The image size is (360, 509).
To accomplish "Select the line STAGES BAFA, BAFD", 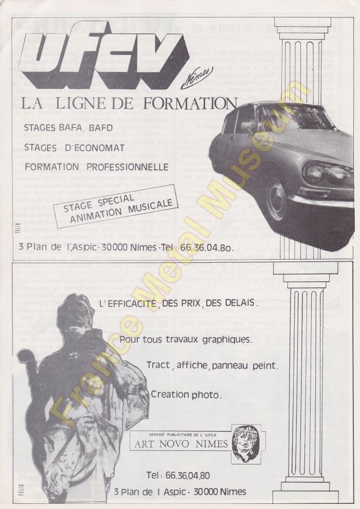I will tap(68, 128).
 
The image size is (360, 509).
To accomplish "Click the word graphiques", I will tap(226, 340).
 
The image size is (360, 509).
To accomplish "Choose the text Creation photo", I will tap(186, 395).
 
